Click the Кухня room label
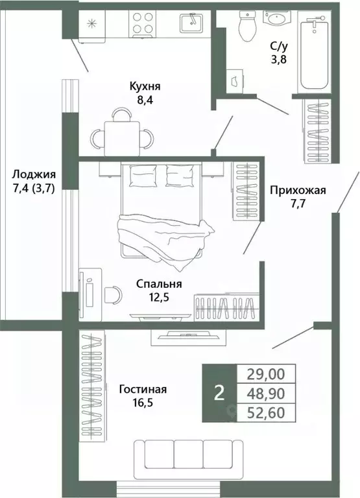(x=144, y=86)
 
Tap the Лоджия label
(x=34, y=174)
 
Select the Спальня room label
(x=159, y=284)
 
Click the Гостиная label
(x=143, y=390)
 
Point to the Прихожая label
(x=298, y=191)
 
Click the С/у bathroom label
(x=280, y=47)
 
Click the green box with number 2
(x=219, y=393)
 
